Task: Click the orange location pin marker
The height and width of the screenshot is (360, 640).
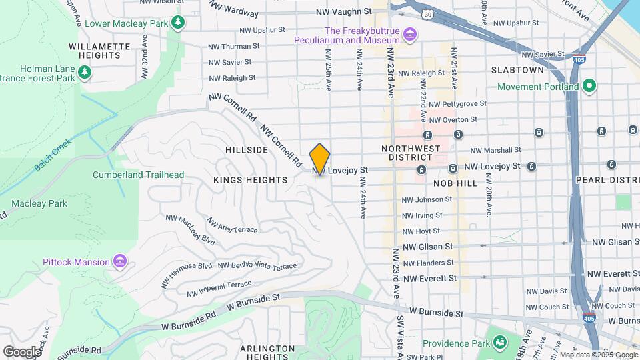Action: (320, 159)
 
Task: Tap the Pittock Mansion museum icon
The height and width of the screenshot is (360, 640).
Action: (119, 261)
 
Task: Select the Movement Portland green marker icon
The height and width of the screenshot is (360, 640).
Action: (589, 87)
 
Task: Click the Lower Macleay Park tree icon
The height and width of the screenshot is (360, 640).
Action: (177, 23)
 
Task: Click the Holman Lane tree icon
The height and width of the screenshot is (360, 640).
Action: (84, 72)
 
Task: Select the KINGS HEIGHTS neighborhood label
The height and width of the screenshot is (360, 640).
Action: (250, 180)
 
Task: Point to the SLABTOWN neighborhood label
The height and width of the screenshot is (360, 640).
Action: (518, 69)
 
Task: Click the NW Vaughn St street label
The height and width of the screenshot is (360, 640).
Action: (343, 11)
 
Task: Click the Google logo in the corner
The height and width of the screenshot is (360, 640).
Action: (22, 351)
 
